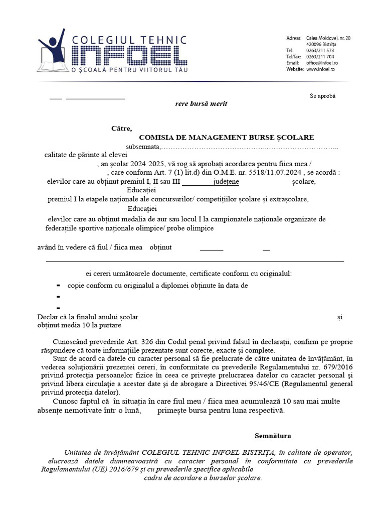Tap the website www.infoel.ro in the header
tap(320, 69)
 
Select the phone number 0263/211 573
tap(320, 50)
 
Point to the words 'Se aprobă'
tap(322, 95)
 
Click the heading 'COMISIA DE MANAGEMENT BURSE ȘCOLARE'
tap(226, 137)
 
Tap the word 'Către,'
tap(121, 128)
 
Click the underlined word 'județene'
tap(226, 181)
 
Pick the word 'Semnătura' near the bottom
tap(272, 436)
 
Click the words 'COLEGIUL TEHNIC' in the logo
tap(130, 39)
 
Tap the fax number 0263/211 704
tap(320, 57)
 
